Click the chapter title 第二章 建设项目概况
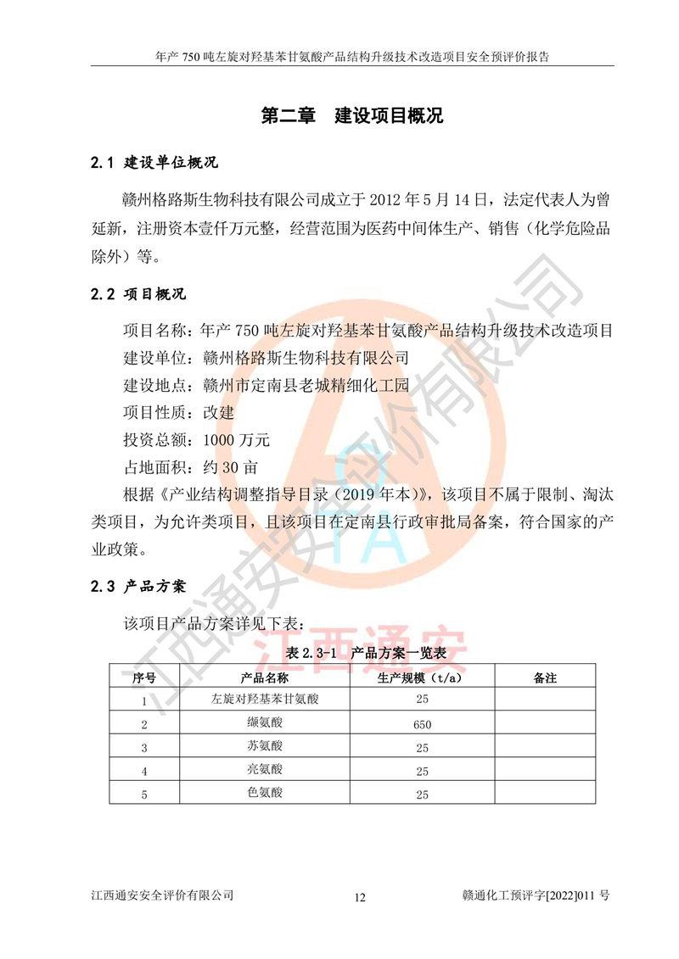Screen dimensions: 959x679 pos(351,115)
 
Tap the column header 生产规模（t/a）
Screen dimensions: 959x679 pos(422,677)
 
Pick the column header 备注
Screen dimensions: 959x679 pos(544,677)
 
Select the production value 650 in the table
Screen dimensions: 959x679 pos(422,724)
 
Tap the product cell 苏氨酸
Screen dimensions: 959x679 pos(264,747)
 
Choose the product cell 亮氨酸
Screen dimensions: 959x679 pos(264,770)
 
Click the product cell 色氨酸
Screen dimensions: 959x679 pos(264,794)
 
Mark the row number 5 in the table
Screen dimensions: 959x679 pos(144,795)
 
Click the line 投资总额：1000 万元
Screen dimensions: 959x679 pos(197,440)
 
